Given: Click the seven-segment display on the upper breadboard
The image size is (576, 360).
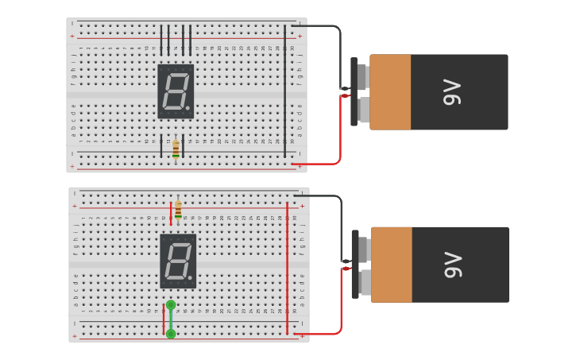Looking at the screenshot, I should pyautogui.click(x=176, y=91).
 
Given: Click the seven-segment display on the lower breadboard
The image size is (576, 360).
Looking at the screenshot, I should pyautogui.click(x=178, y=261).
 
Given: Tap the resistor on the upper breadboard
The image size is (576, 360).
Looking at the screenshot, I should pyautogui.click(x=176, y=149).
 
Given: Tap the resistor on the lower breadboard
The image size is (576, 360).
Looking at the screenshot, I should pyautogui.click(x=178, y=209).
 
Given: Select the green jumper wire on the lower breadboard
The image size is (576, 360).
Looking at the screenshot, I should pyautogui.click(x=171, y=319).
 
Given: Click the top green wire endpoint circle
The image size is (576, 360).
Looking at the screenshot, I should pyautogui.click(x=171, y=305).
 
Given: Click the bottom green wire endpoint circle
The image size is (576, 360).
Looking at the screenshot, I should pyautogui.click(x=171, y=334).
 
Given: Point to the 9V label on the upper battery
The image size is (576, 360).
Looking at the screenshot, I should pyautogui.click(x=452, y=92).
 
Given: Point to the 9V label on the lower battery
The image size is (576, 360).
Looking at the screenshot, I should pyautogui.click(x=453, y=265).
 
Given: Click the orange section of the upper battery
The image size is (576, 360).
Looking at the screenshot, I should pyautogui.click(x=390, y=92).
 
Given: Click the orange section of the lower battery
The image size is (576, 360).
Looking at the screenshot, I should pyautogui.click(x=392, y=265).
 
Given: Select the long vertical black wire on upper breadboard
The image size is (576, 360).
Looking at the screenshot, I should pyautogui.click(x=285, y=91).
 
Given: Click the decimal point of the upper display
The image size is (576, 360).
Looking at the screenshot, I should pyautogui.click(x=187, y=108).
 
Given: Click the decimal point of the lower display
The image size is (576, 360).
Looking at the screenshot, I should pyautogui.click(x=190, y=277).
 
